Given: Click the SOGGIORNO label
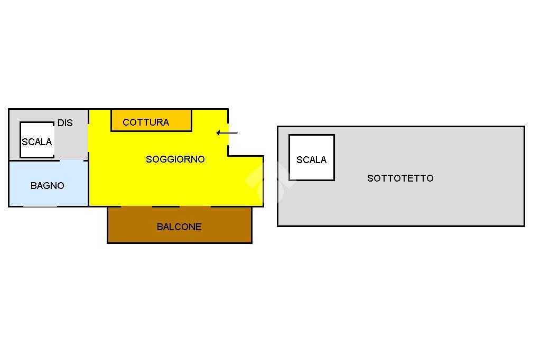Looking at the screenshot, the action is tap(175, 159).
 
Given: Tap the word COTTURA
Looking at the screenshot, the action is tap(146, 122).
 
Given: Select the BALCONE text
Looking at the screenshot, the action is tap(179, 227).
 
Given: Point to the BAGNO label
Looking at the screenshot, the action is tap(48, 186).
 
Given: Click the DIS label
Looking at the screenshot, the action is tap(65, 123).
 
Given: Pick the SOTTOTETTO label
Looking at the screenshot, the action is tap(400, 178).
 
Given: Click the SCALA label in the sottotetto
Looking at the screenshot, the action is tap(311, 160).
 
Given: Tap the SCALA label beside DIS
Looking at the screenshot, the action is tap(37, 142).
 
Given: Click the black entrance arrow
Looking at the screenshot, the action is tap(227, 133).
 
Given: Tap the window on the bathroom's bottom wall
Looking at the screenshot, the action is tap(40, 206).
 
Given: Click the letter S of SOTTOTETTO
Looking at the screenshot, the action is tap(370, 178).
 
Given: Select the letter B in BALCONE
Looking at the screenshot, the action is tap(160, 227).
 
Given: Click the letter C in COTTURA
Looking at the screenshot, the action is tap(126, 122).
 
